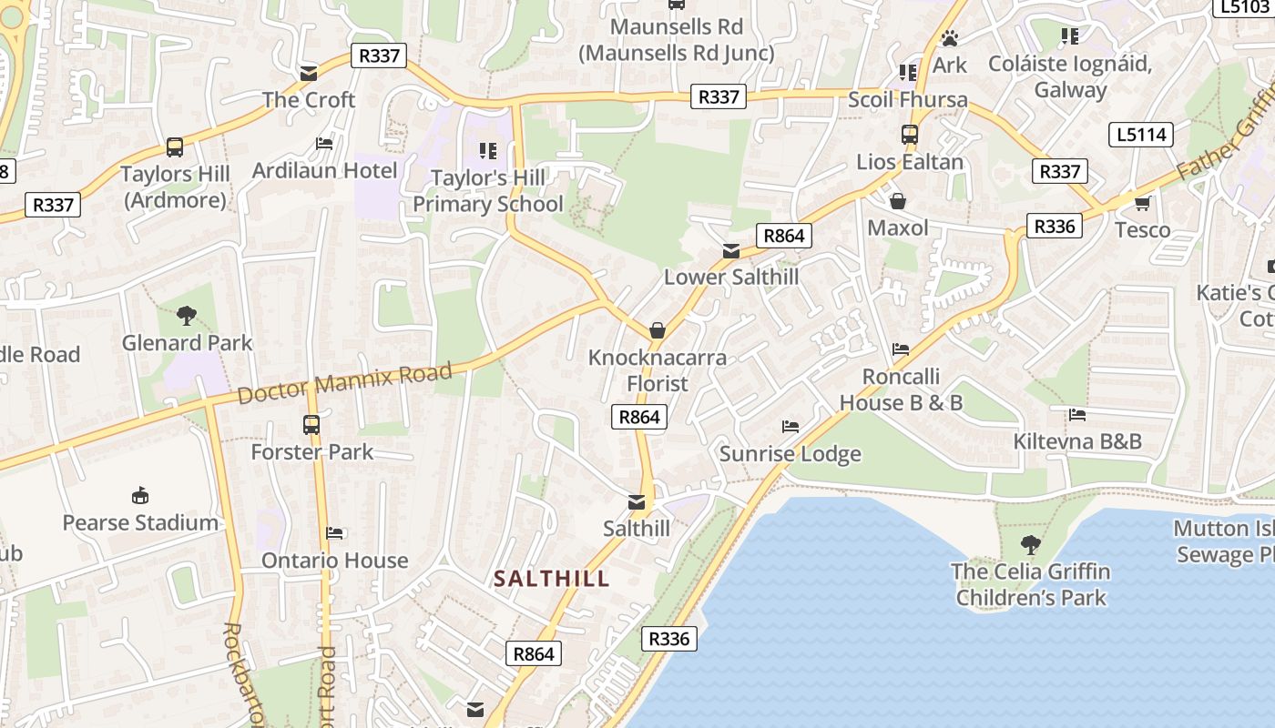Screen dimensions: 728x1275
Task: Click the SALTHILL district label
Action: click(551, 579)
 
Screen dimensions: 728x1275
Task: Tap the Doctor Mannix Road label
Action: click(345, 383)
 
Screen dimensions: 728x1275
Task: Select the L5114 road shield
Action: click(1141, 135)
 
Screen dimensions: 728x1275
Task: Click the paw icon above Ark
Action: click(950, 38)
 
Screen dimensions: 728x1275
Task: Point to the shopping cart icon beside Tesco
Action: click(1142, 203)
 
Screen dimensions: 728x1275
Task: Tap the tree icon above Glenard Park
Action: click(187, 316)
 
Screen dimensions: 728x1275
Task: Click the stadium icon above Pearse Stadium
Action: click(140, 496)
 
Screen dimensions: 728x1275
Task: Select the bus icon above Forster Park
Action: click(311, 424)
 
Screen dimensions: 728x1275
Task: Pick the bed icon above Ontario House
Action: click(334, 533)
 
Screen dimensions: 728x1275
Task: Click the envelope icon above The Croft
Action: click(309, 73)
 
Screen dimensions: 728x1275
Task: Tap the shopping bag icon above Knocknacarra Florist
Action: click(657, 330)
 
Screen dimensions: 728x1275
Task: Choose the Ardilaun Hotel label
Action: click(324, 170)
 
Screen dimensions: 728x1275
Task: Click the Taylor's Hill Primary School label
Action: click(488, 191)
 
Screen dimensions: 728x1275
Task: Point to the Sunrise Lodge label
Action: click(790, 453)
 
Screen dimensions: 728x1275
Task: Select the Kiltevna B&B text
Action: click(1077, 441)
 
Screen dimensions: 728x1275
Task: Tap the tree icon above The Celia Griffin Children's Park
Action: click(1030, 545)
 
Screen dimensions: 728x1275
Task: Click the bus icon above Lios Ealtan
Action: click(909, 135)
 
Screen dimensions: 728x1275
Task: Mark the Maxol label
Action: click(898, 227)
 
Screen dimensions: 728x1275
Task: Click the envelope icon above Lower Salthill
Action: click(730, 251)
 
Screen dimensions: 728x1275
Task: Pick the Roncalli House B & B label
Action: click(901, 389)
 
